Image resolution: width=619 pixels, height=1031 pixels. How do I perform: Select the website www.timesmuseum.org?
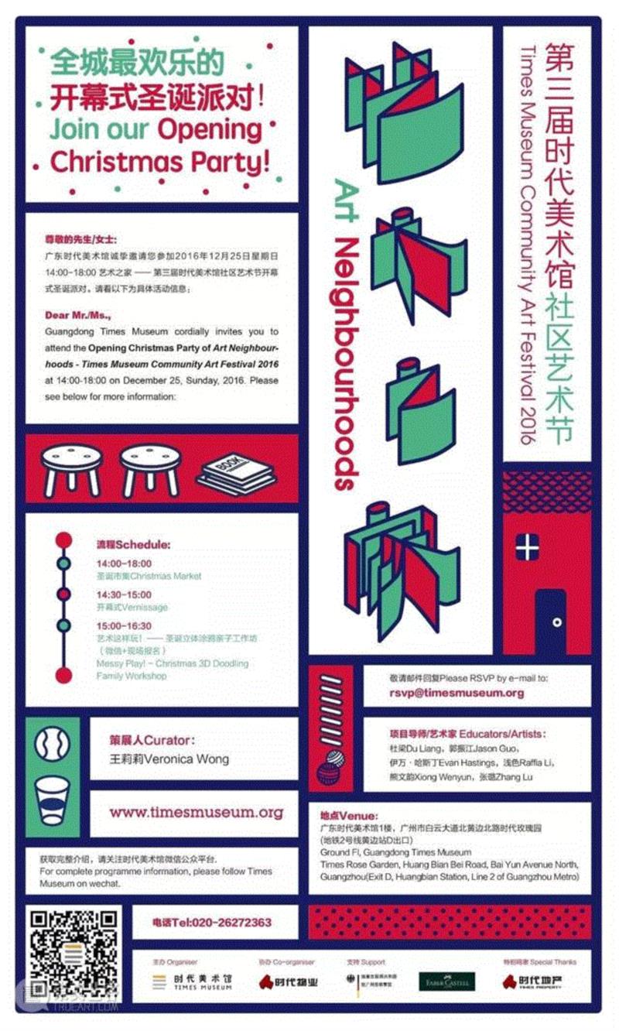196,813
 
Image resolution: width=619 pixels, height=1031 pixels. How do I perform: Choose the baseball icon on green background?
53,745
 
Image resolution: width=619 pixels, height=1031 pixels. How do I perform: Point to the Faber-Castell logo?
447,981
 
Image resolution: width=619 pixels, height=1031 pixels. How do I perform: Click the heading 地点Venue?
349,816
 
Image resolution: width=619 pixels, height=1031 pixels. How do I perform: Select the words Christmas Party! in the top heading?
160,162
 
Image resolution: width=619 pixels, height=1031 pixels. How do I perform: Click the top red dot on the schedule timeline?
63,539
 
